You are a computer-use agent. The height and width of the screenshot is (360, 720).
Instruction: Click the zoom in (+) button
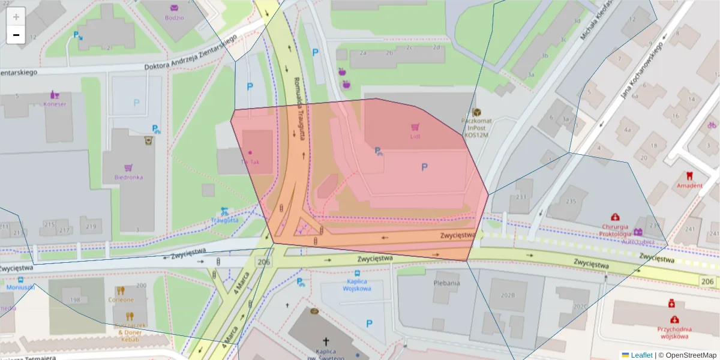[x=16, y=17]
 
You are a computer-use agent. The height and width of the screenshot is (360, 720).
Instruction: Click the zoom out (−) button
[x=16, y=35]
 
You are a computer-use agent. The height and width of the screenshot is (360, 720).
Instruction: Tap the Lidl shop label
[x=415, y=136]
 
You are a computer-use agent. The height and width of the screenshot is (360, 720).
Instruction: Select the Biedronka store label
[x=128, y=177]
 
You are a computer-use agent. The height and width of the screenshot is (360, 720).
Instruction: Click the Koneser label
[x=55, y=104]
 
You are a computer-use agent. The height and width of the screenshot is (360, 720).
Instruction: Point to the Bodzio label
[x=174, y=17]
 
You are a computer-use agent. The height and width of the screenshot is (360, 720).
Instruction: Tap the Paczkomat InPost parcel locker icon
[x=477, y=112]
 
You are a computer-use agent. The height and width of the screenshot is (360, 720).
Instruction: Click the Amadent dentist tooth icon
[x=689, y=176]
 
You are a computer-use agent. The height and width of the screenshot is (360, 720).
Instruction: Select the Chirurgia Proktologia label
[x=615, y=230]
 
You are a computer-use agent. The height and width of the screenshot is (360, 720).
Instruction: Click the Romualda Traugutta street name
[x=299, y=108]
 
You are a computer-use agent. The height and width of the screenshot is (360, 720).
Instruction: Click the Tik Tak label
[x=250, y=162]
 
